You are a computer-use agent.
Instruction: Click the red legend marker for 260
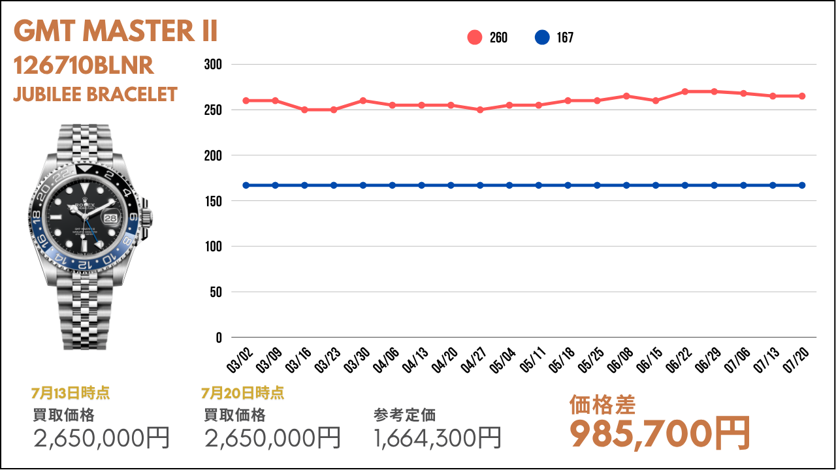pyautogui.click(x=475, y=38)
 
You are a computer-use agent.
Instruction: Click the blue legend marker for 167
pyautogui.click(x=542, y=38)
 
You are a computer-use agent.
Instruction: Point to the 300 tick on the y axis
pyautogui.click(x=214, y=65)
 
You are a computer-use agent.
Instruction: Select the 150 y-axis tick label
pyautogui.click(x=214, y=201)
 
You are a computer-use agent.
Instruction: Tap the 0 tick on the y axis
pyautogui.click(x=218, y=337)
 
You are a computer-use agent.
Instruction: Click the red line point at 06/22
pyautogui.click(x=684, y=91)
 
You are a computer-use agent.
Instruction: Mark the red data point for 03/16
pyautogui.click(x=304, y=110)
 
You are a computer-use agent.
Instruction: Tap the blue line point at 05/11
pyautogui.click(x=539, y=185)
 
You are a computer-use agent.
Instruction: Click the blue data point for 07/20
pyautogui.click(x=802, y=185)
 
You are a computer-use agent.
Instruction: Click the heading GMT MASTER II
pyautogui.click(x=115, y=31)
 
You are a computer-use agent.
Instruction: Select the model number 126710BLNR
pyautogui.click(x=84, y=65)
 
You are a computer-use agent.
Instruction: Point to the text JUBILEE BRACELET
pyautogui.click(x=95, y=94)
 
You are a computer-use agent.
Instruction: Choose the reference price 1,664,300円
pyautogui.click(x=438, y=437)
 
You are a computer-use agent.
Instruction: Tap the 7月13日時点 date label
pyautogui.click(x=71, y=393)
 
